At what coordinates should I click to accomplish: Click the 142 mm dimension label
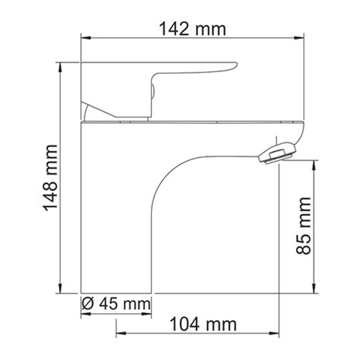coord(192,30)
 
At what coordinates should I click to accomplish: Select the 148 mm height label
coord(50,178)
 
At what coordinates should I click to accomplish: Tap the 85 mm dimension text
coord(305,226)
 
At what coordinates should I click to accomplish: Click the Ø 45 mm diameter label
coord(116,304)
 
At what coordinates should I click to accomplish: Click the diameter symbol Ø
coord(87,304)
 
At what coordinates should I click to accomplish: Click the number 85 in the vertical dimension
coord(305,243)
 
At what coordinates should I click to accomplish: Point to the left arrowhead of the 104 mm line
coord(120,333)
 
